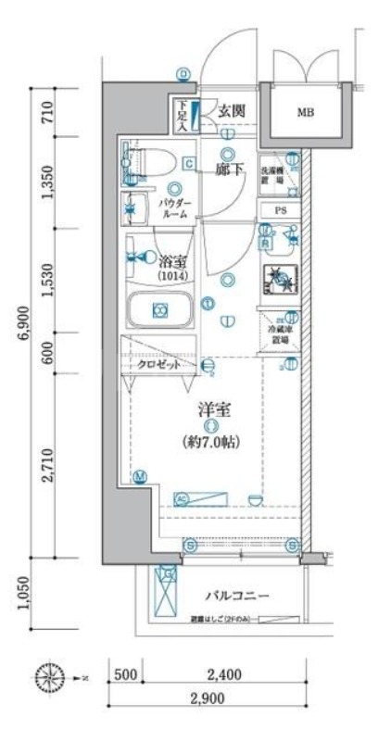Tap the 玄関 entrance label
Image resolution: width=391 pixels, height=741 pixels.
click(x=231, y=110)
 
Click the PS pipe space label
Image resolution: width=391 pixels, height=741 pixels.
click(x=280, y=211)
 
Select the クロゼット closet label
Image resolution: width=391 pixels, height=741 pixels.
click(x=161, y=366)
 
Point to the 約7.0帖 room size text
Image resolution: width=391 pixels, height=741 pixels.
click(x=212, y=443)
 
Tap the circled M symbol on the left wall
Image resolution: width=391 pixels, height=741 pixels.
click(x=139, y=477)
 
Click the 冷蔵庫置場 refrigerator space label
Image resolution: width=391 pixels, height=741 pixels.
click(x=279, y=333)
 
